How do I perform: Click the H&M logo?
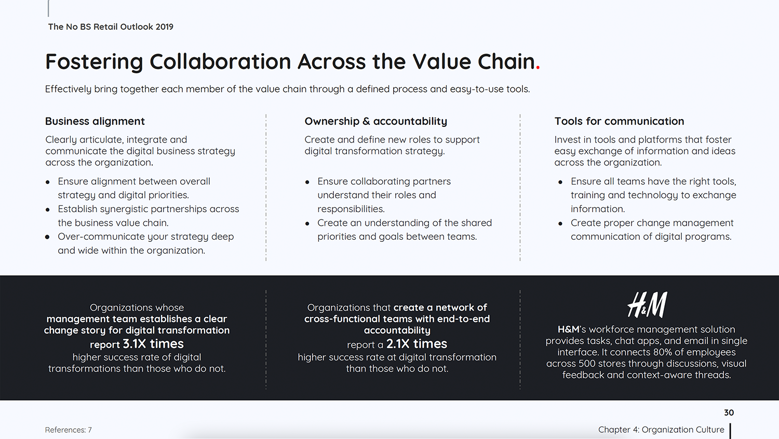click(647, 305)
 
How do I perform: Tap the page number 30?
click(729, 412)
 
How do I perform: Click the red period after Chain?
click(538, 68)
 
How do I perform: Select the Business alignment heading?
click(95, 121)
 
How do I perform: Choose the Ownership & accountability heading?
click(375, 121)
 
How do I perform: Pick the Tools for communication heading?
click(619, 121)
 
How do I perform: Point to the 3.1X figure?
click(134, 344)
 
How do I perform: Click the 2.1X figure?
click(398, 344)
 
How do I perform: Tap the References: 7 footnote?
click(68, 430)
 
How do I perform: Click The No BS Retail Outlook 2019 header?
click(111, 27)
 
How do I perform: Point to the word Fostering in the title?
click(94, 62)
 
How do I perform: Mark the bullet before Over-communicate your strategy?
click(48, 237)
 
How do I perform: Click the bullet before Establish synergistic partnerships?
click(48, 210)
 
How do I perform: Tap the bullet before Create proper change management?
click(560, 224)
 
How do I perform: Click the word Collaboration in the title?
click(220, 62)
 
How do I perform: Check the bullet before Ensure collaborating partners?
click(307, 182)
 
